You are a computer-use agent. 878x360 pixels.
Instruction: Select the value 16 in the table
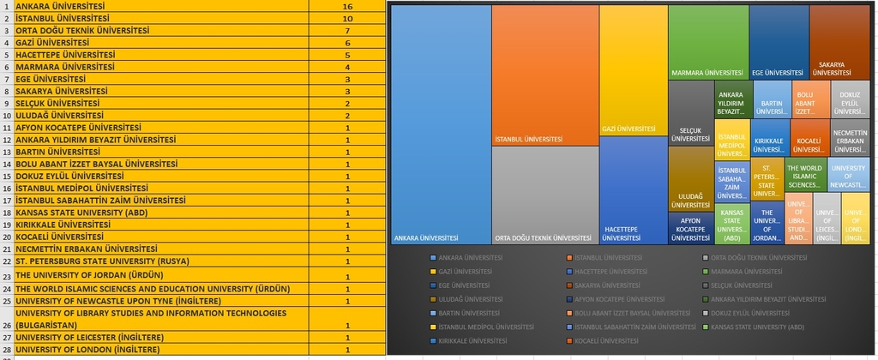click(347, 6)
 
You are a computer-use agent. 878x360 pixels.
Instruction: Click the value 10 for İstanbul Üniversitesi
click(347, 18)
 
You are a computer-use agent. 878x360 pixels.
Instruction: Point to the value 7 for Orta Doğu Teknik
click(347, 30)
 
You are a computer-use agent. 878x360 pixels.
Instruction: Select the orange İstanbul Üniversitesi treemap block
click(544, 75)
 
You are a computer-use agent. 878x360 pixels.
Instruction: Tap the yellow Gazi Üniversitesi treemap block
click(633, 69)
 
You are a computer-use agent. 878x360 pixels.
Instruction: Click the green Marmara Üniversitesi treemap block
click(707, 43)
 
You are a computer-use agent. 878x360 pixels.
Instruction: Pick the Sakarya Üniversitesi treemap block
click(839, 43)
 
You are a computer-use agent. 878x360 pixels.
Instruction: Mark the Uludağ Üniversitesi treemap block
click(691, 179)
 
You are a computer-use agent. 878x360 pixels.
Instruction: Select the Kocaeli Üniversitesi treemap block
click(809, 138)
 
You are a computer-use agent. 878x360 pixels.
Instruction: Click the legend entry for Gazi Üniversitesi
click(464, 271)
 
